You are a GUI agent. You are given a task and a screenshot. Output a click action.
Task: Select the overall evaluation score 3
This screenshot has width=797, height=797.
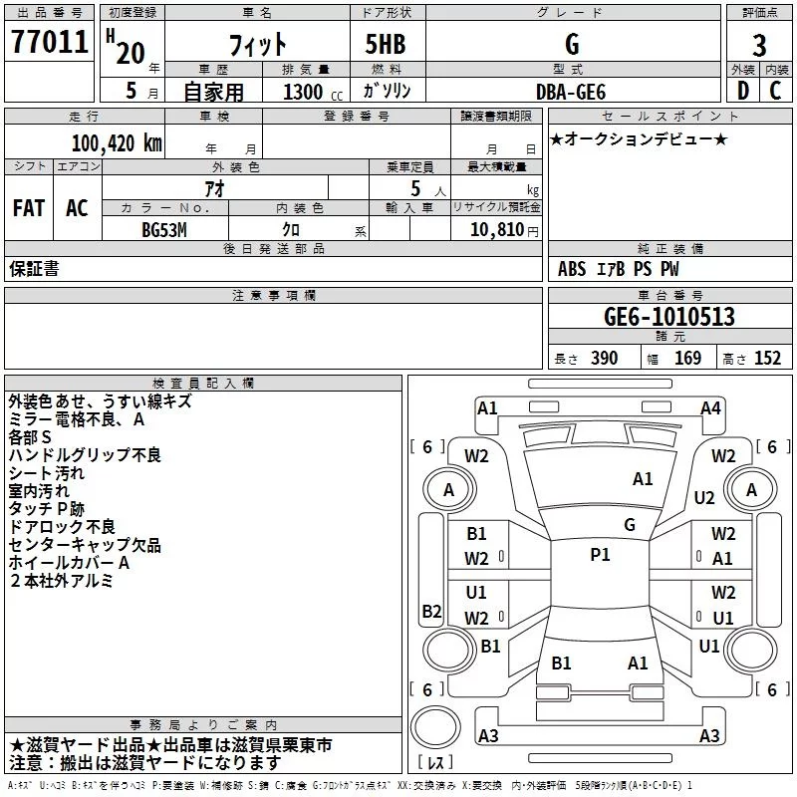[x=759, y=45]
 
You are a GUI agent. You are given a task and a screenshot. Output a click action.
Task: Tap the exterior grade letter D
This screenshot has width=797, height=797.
[x=742, y=91]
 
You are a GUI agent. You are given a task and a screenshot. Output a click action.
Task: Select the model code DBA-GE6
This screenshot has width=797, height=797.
[x=571, y=91]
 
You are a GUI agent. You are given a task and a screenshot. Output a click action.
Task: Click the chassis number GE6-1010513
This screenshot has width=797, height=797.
[x=669, y=317]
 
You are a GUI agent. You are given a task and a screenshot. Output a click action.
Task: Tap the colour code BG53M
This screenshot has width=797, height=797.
[x=166, y=230]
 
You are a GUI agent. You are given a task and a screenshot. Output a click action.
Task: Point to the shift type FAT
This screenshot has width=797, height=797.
[x=28, y=208]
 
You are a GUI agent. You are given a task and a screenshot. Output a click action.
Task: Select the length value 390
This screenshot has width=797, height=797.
[x=604, y=359]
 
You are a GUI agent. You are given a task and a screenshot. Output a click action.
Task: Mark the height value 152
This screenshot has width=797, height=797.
[x=767, y=359]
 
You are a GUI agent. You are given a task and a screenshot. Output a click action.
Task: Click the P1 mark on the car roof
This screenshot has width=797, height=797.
[x=600, y=555]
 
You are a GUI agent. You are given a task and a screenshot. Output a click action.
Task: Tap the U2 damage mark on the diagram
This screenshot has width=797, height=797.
[x=704, y=498]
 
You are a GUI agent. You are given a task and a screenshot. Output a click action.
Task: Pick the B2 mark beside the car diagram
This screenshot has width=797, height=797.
[x=431, y=611]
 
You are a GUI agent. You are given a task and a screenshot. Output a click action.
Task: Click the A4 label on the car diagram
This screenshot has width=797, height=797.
[x=710, y=407]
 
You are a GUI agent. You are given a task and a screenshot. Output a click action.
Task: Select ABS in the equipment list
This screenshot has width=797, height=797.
[x=572, y=269]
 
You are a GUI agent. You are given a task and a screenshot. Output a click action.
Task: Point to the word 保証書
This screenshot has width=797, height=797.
[x=34, y=269]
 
